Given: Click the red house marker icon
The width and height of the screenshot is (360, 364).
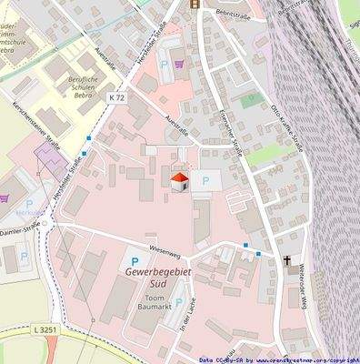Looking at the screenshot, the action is pos(180,181).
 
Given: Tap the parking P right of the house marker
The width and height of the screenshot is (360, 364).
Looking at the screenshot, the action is pos(206,182).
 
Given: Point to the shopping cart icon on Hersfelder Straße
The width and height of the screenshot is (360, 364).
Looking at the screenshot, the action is pos(179,64).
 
